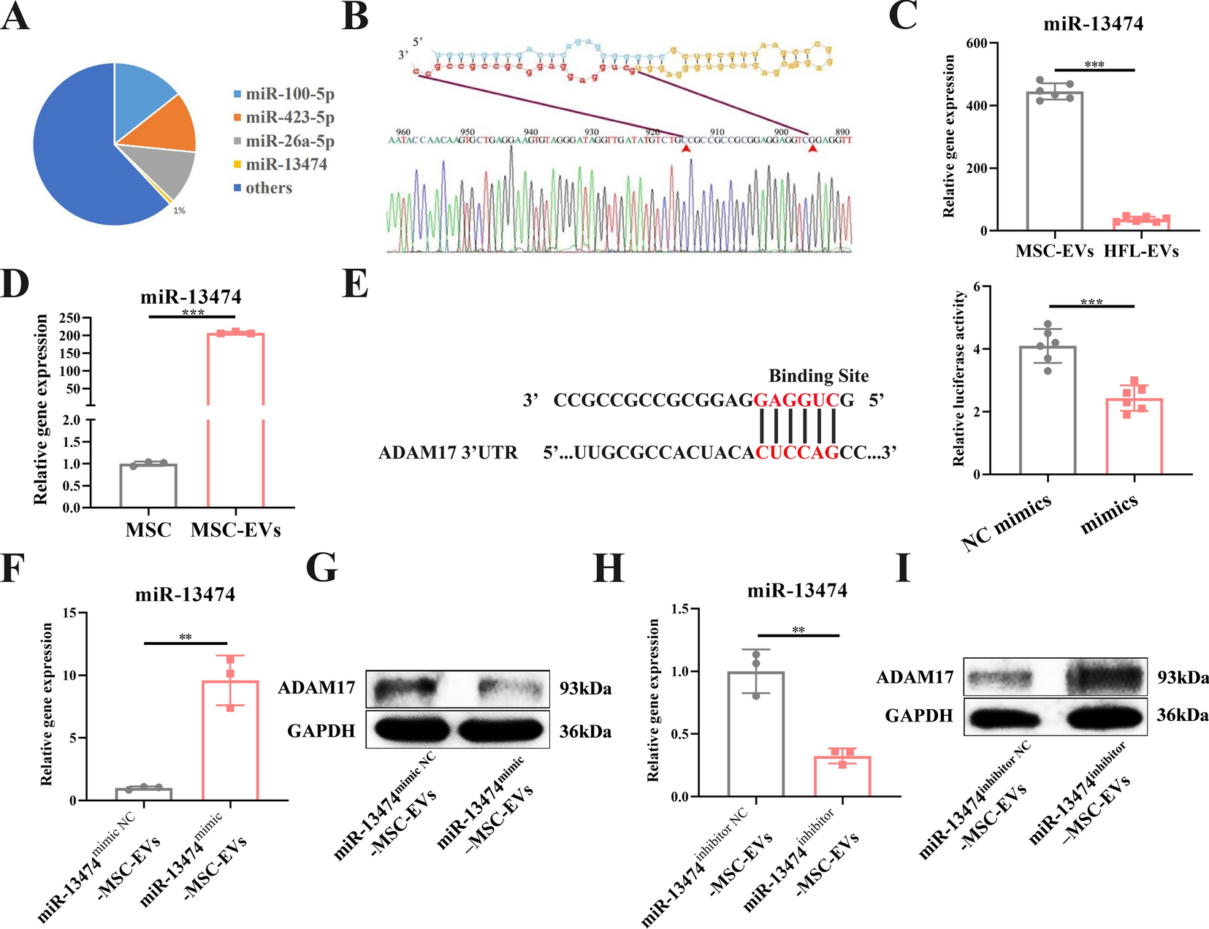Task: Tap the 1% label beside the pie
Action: tap(179, 210)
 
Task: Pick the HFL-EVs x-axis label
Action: tap(1141, 251)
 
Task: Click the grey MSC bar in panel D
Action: tap(148, 485)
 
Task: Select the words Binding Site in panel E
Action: tap(818, 375)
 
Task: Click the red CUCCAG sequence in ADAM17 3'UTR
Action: tap(797, 453)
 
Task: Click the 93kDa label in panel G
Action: tap(585, 689)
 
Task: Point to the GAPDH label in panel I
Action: tap(919, 716)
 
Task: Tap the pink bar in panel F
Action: tap(230, 741)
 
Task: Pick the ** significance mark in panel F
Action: tap(186, 638)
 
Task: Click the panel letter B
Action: tap(355, 16)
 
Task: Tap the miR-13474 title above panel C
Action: tap(1093, 23)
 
